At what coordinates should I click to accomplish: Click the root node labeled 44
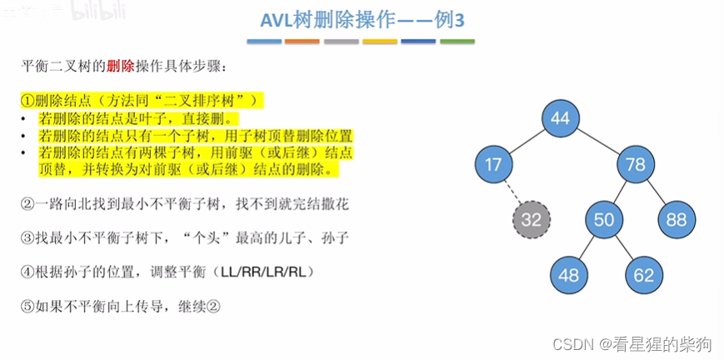tap(560, 118)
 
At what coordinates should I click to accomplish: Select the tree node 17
tap(493, 164)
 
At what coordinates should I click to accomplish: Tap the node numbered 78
tap(636, 164)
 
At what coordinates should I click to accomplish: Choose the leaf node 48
tap(569, 274)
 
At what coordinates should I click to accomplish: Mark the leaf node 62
tap(642, 274)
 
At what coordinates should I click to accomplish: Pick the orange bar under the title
tap(302, 41)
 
